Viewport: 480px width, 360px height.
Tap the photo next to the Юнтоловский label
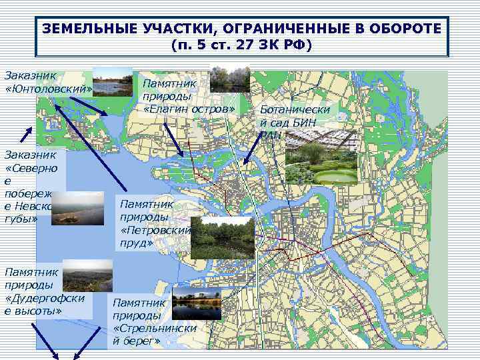(113, 81)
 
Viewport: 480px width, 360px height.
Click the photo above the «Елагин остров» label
(230, 79)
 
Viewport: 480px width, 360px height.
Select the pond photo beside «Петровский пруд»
(223, 237)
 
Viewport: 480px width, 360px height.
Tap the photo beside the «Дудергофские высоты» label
(87, 275)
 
